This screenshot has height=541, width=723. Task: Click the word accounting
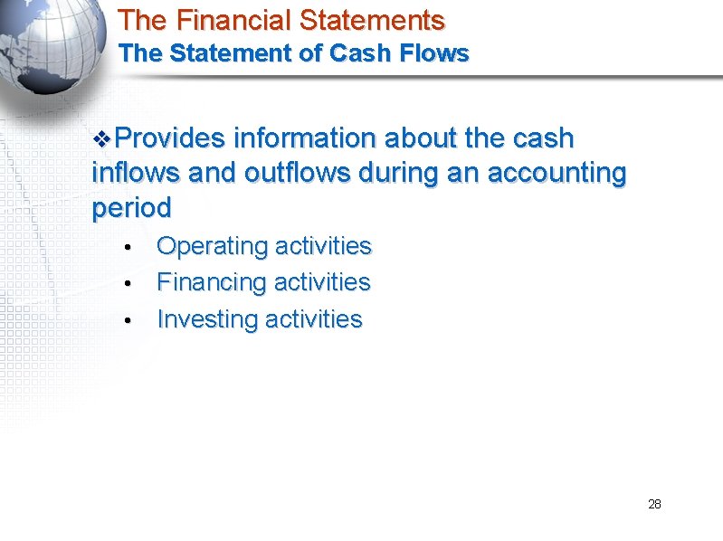click(557, 173)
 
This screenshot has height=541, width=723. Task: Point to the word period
click(131, 208)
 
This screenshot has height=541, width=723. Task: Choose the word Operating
click(212, 246)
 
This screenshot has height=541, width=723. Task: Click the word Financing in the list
click(212, 283)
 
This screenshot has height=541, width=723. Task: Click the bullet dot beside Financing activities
click(130, 284)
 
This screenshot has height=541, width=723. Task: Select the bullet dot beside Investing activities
click(130, 321)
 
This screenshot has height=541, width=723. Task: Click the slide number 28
click(654, 504)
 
